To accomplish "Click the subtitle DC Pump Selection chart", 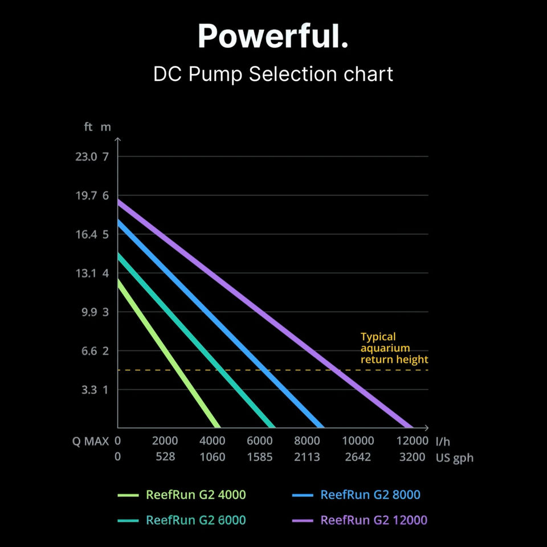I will (x=273, y=74).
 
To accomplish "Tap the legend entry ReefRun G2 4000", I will (x=196, y=495).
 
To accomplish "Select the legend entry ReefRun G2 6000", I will (x=196, y=520).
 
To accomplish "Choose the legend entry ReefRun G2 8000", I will (x=370, y=495).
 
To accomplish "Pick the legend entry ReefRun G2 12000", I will (x=373, y=520).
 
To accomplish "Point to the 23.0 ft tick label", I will (x=87, y=157).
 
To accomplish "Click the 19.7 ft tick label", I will (x=87, y=195).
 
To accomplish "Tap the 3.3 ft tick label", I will (x=87, y=390).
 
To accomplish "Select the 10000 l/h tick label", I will (x=358, y=441).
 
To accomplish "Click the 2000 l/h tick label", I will (x=165, y=441).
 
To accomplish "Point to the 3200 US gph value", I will (x=413, y=457).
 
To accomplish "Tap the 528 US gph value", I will (x=165, y=457).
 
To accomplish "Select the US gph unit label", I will (x=455, y=458).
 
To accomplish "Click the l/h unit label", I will (x=442, y=442).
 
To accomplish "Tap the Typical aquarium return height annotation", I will (x=394, y=348).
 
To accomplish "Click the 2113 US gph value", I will (x=308, y=457).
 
